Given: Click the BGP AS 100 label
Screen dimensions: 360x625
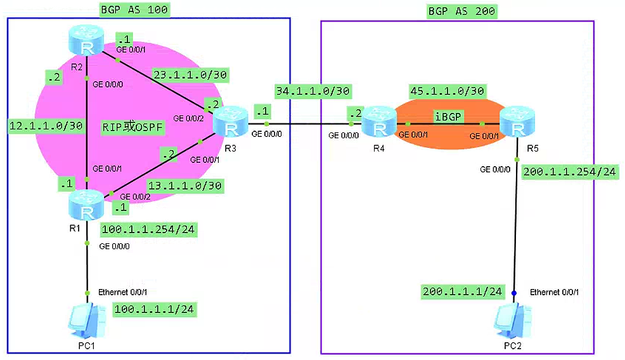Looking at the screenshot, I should tap(135, 10).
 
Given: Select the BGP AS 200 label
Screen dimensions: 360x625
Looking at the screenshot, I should tap(461, 11).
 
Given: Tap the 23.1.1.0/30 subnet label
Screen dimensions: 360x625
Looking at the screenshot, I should tap(190, 75).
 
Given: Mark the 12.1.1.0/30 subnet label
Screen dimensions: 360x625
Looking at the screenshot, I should tap(46, 125).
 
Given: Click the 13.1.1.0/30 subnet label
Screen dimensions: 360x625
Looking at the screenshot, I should tap(184, 186).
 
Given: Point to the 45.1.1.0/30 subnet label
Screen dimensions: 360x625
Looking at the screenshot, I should tap(448, 91).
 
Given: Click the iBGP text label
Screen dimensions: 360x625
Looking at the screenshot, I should tap(447, 117).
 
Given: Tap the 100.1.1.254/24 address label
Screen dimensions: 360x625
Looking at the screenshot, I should tap(148, 229).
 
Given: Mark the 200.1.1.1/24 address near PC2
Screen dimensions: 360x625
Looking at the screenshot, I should tap(462, 292).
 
